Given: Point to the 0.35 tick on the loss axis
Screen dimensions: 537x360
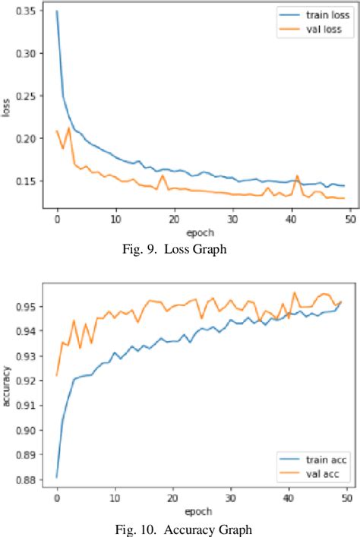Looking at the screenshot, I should point(31,11).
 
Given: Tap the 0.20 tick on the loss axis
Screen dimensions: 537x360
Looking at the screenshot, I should point(31,138).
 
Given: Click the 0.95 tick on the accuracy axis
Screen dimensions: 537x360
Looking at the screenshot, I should point(31,307).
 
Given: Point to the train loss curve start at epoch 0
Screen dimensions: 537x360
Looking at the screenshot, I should point(57,11).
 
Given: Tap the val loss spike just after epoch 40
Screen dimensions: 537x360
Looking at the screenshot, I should point(297,176).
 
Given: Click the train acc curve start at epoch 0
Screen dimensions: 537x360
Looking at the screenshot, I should point(57,477).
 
